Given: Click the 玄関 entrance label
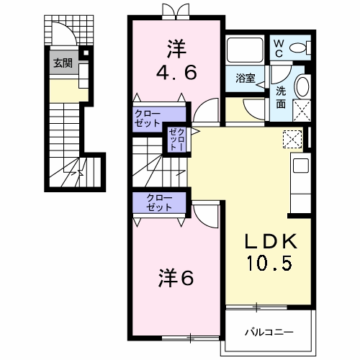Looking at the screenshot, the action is tap(63, 63).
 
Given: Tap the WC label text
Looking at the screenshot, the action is tap(279, 49).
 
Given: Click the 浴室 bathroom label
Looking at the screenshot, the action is tap(245, 78).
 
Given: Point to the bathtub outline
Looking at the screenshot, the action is tap(245, 50).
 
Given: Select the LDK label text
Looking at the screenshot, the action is tap(271, 241).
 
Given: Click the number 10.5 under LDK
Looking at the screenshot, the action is tap(269, 263).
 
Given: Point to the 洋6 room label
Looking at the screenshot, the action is tap(176, 278).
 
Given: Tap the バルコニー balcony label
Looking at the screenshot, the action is tap(269, 333).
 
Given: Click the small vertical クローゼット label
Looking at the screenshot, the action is tap(177, 140).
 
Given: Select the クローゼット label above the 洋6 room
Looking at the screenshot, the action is tap(159, 202).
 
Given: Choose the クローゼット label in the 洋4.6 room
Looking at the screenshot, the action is tap(148, 118).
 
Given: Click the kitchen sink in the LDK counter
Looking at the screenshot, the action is tap(301, 166).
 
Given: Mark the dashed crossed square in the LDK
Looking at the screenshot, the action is tap(292, 139).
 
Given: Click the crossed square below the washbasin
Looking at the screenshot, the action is tap(302, 110).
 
